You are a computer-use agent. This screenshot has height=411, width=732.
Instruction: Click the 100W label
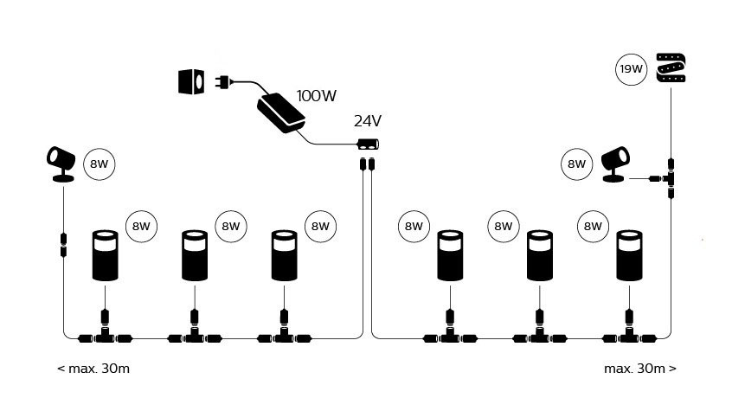(316, 95)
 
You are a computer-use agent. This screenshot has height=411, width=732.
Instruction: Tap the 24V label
(368, 121)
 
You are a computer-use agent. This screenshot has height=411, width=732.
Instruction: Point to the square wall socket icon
(190, 82)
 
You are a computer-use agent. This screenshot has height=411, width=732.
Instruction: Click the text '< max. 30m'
(93, 369)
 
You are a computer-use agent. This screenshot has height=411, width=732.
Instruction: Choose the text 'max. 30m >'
(640, 369)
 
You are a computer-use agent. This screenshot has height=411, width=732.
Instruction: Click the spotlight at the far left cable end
(61, 164)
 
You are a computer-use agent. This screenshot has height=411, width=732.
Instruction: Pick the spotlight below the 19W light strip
(614, 164)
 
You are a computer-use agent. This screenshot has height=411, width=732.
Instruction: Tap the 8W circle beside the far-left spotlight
(100, 164)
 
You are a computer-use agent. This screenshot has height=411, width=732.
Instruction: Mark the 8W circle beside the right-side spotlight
(576, 164)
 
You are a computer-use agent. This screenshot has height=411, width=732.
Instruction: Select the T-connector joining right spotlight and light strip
(671, 177)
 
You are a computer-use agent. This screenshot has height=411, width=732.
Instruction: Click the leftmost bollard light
(105, 256)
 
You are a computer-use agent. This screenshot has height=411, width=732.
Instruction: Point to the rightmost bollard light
(628, 256)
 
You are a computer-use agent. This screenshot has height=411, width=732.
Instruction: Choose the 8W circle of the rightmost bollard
(592, 228)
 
